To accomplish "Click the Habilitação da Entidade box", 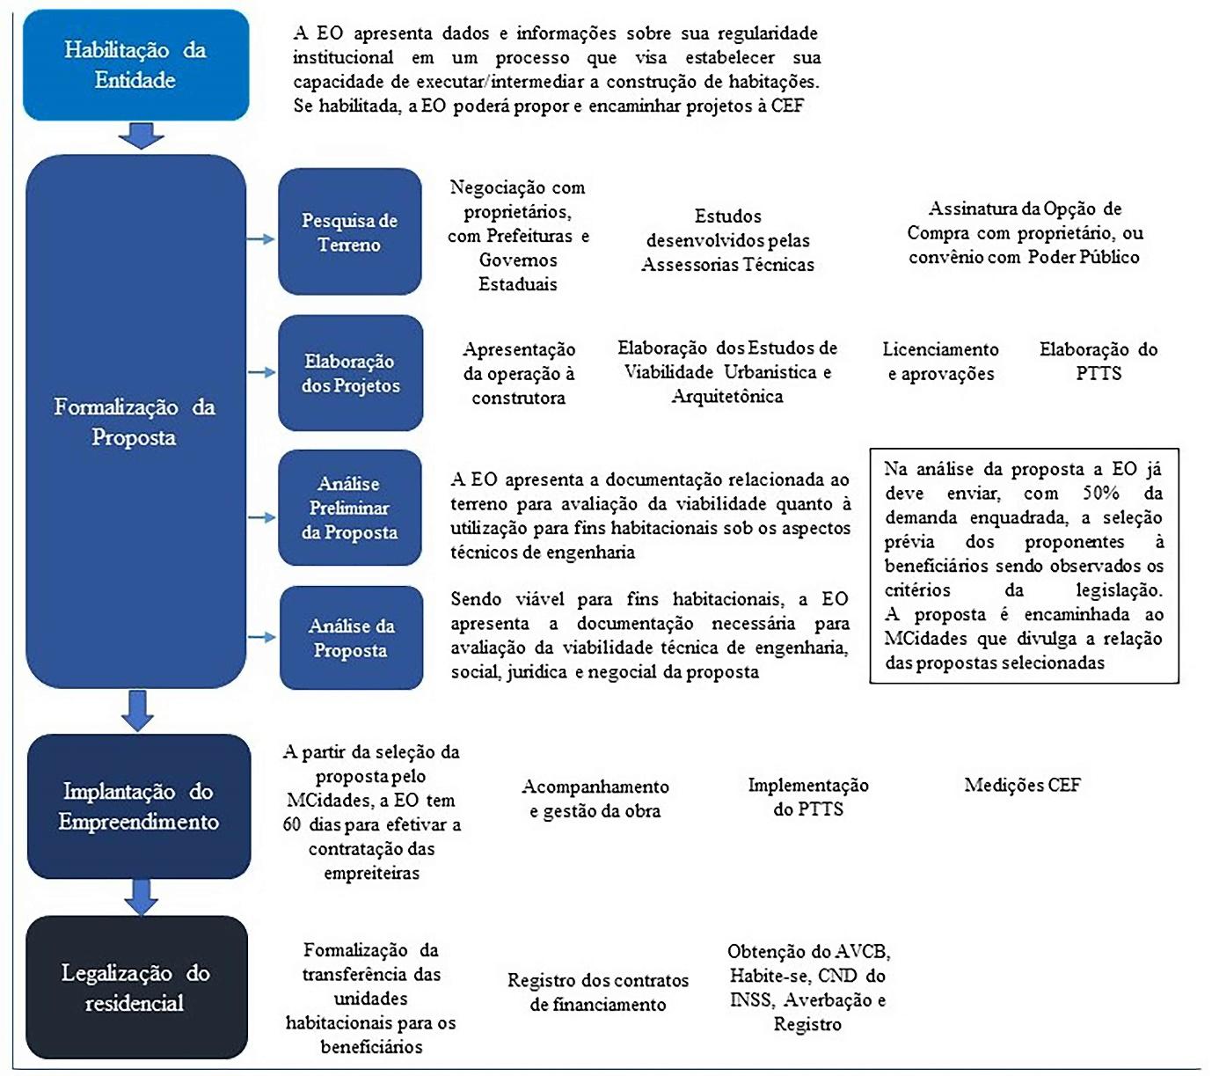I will pyautogui.click(x=135, y=65).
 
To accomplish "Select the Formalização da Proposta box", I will pyautogui.click(x=135, y=421).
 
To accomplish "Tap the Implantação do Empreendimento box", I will pyautogui.click(x=139, y=806).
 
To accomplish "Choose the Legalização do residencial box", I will pyautogui.click(x=136, y=987).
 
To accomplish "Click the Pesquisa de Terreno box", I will pyautogui.click(x=350, y=232).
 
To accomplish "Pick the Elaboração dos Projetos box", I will pyautogui.click(x=350, y=373).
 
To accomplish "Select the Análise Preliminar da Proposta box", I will pyautogui.click(x=350, y=508).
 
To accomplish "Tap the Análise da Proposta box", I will pyautogui.click(x=351, y=638).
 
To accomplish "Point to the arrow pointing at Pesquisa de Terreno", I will pyautogui.click(x=261, y=238).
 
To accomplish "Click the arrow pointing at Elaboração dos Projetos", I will pyautogui.click(x=261, y=373).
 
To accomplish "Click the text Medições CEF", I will pyautogui.click(x=1022, y=785).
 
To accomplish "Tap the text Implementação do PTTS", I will pyautogui.click(x=808, y=797).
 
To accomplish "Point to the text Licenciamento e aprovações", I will pyautogui.click(x=940, y=362).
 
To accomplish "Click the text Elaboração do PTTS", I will pyautogui.click(x=1099, y=362).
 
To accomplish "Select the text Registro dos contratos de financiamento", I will pyautogui.click(x=598, y=992).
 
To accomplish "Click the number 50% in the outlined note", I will pyautogui.click(x=1100, y=494).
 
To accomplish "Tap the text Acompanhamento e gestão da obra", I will pyautogui.click(x=595, y=799).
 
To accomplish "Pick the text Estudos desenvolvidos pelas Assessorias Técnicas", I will pyautogui.click(x=727, y=240).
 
